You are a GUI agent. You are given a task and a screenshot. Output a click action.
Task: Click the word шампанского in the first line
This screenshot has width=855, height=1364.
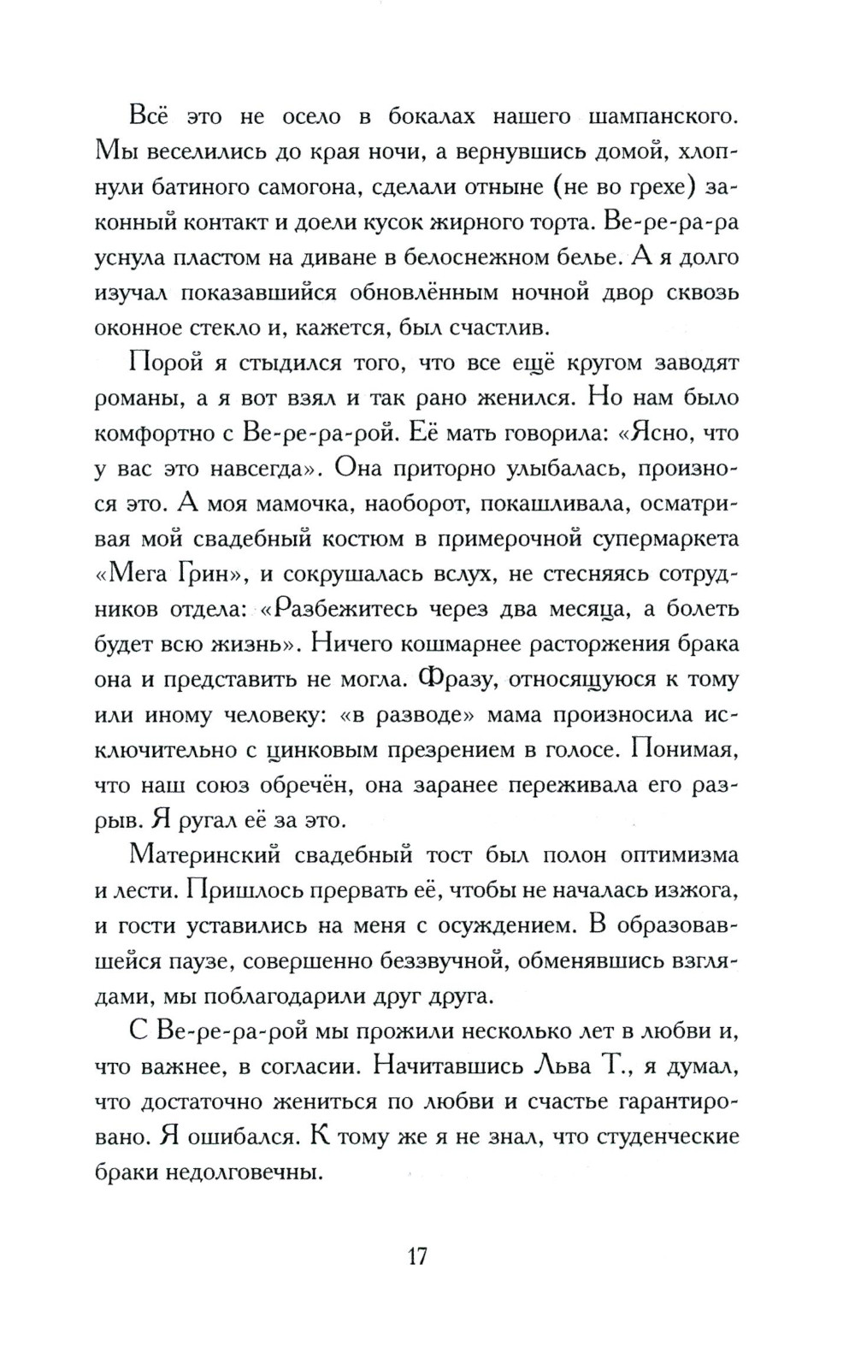[x=648, y=114]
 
